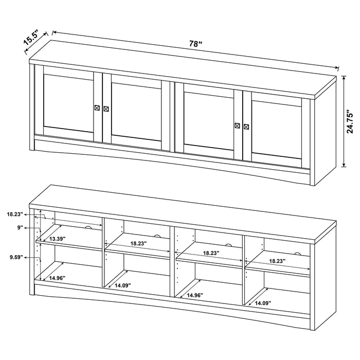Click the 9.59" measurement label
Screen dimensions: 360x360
(x=15, y=258)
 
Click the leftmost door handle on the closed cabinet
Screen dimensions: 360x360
(x=97, y=107)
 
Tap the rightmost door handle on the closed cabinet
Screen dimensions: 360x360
(x=246, y=126)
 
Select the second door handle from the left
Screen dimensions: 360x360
(x=106, y=109)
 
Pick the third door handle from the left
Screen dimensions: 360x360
(x=237, y=125)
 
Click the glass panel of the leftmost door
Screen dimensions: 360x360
(x=68, y=103)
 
